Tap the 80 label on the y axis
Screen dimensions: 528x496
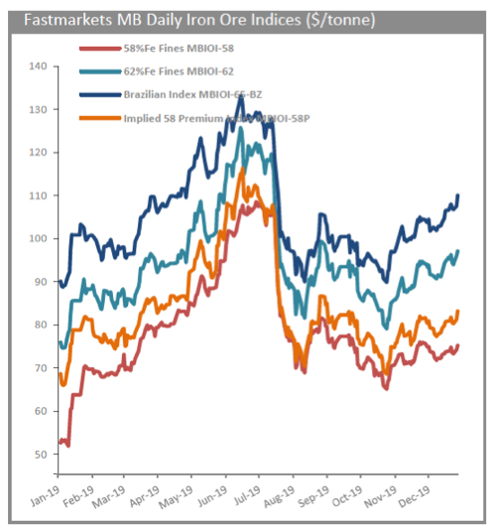tap(39, 325)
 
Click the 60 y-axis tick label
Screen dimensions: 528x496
tap(39, 411)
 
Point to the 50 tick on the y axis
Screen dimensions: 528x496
tap(39, 455)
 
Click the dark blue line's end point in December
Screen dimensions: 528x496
tap(458, 195)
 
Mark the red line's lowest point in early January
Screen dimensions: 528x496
tap(67, 446)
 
